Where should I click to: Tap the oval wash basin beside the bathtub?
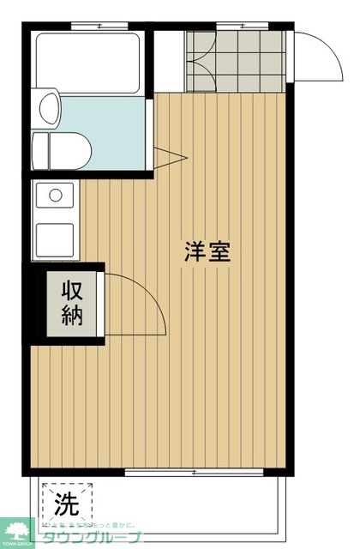[x=50, y=109]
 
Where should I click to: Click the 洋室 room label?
[x=207, y=252]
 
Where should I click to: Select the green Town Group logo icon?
[x=17, y=529]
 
